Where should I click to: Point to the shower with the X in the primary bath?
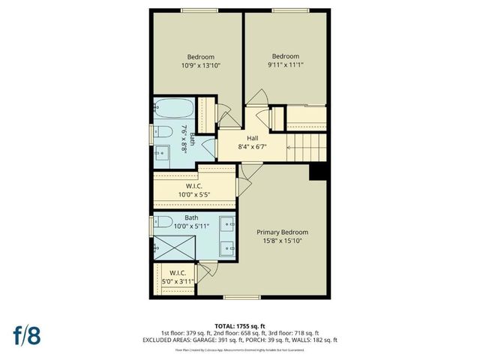coord(171,245)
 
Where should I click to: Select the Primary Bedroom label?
coord(282,232)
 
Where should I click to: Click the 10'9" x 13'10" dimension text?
coord(200,66)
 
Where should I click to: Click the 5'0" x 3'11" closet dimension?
coord(178,281)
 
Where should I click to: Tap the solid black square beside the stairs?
coord(319,172)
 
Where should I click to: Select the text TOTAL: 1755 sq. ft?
coord(239,325)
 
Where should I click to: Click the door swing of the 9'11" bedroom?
coord(257,97)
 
